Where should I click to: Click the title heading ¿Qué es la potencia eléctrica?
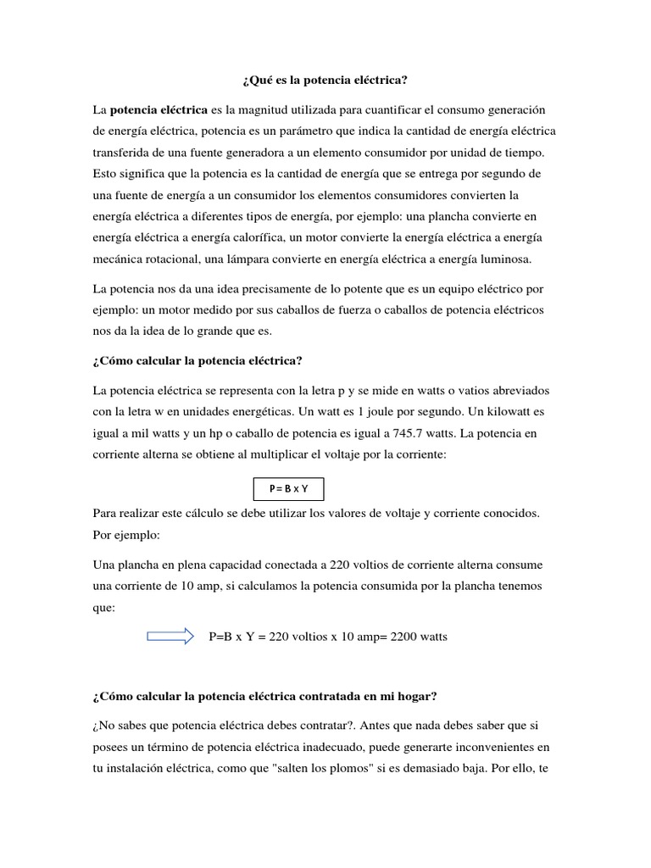point(325,81)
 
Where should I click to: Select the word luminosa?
point(509,259)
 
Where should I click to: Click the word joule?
point(379,411)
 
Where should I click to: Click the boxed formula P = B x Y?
point(288,490)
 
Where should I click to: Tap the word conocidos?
point(500,514)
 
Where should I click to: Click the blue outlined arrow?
point(170,637)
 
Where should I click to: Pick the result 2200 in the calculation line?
point(406,637)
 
